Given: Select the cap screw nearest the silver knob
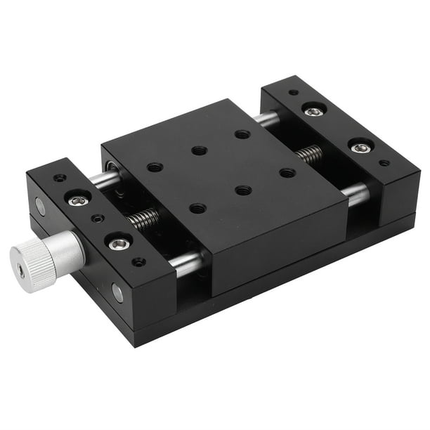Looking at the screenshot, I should point(119,243).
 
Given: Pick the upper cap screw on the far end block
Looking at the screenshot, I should point(313,111).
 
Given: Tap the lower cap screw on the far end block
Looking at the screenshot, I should point(360,148).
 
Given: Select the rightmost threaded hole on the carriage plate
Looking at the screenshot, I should point(286,172).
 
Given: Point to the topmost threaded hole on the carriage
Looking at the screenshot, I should point(242,134).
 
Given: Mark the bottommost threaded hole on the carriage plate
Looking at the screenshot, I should point(198,208).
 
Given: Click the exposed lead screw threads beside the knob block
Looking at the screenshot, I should point(144,219).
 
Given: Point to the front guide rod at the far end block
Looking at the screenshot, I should point(357,194).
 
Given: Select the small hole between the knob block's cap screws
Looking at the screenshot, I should point(98,219).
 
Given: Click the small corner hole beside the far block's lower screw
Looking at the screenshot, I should point(384,163).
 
